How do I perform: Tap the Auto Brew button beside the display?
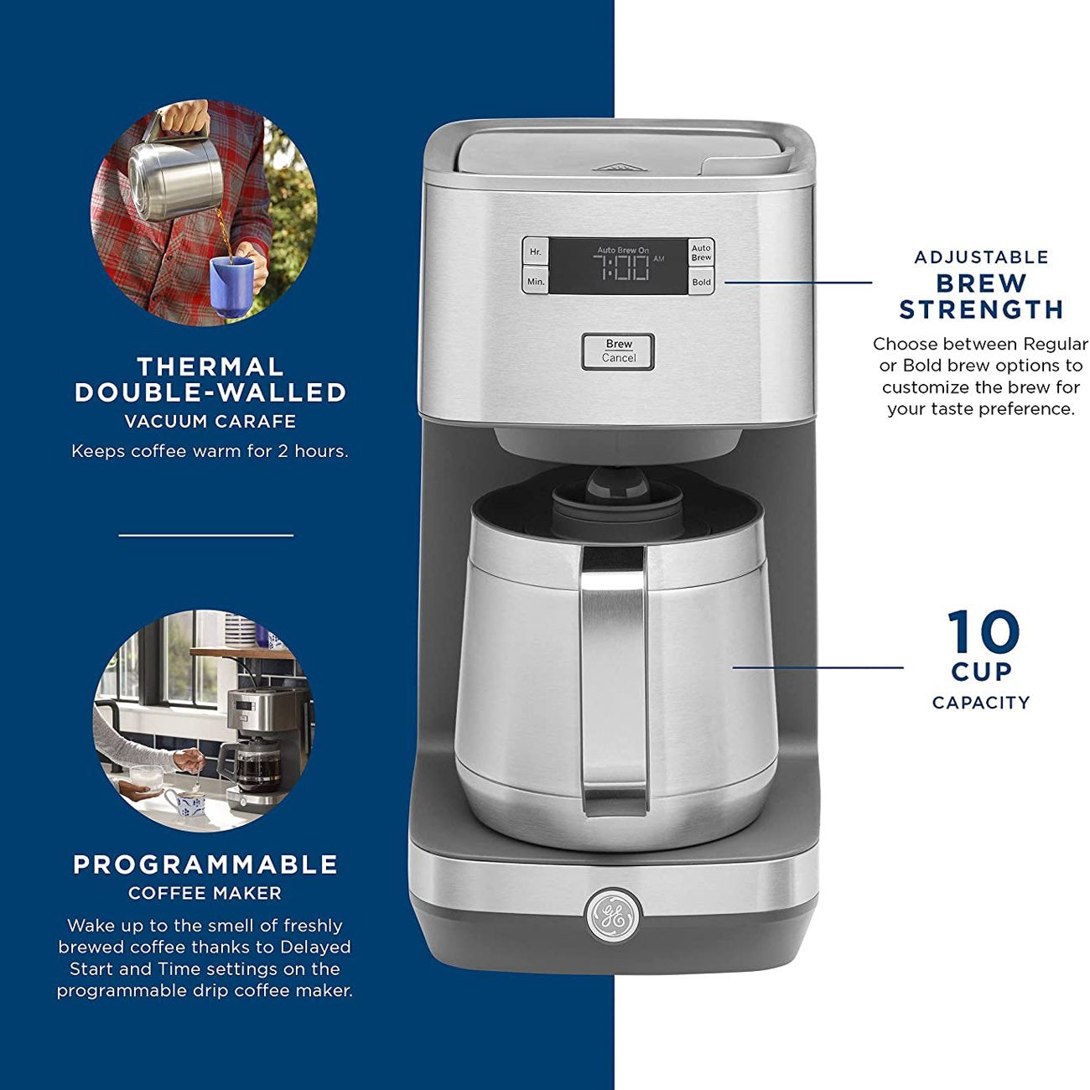(701, 252)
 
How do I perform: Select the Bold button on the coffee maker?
(701, 282)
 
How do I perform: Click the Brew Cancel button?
(618, 351)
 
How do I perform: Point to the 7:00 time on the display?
(621, 267)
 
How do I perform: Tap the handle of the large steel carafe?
(614, 680)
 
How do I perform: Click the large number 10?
(983, 631)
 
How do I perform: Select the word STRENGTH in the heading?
(981, 309)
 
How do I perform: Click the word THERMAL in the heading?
(210, 366)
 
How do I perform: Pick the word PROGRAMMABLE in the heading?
(205, 864)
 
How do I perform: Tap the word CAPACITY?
(981, 703)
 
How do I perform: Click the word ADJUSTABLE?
(981, 257)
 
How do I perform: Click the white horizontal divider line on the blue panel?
(206, 535)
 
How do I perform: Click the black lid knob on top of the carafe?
(617, 482)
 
